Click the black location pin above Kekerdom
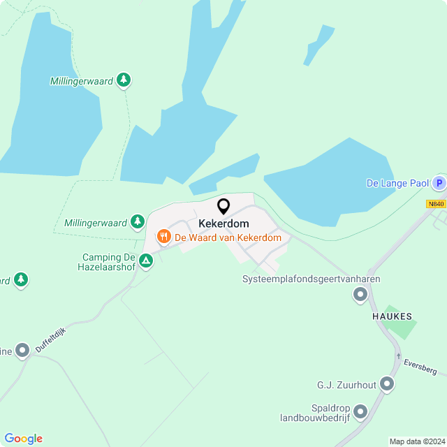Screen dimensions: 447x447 [223, 207]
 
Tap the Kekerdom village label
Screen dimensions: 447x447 [223, 223]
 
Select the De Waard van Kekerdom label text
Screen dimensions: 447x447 [228, 237]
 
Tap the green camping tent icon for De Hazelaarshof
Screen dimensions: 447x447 [146, 261]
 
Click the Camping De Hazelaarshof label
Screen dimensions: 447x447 [106, 262]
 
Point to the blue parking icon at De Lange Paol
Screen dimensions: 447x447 [439, 184]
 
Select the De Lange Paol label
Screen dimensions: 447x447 [397, 184]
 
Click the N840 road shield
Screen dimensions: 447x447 [436, 204]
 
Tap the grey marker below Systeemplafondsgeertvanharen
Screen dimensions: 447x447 [360, 295]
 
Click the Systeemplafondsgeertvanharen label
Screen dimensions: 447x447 [311, 279]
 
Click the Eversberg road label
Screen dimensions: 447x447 [420, 366]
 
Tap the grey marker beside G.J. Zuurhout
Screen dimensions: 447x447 [387, 384]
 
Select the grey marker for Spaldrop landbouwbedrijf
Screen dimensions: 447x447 [360, 412]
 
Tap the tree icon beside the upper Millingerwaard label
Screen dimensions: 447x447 [124, 80]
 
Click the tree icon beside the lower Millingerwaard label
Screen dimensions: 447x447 [138, 223]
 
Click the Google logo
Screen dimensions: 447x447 [23, 438]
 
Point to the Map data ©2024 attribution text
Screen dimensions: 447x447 [417, 441]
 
